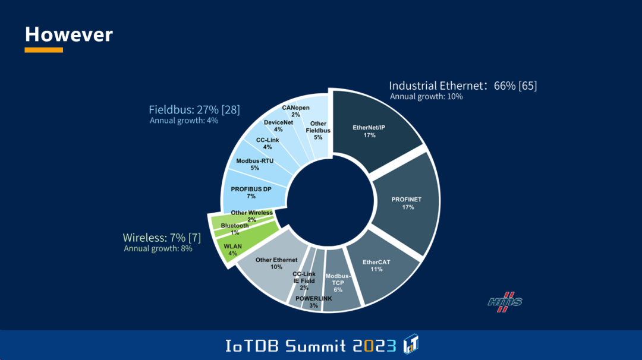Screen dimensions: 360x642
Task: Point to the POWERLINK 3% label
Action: tap(314, 302)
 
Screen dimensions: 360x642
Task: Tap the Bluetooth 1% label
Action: tap(235, 228)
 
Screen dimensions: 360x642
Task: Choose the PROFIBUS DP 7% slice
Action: tap(250, 192)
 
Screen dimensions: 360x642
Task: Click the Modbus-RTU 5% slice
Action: tap(256, 164)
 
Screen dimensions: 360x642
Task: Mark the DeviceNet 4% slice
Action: tap(278, 125)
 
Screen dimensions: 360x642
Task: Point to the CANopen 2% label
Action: tap(295, 110)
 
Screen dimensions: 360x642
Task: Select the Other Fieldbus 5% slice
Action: tap(319, 130)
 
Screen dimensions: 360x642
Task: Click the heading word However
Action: tap(69, 34)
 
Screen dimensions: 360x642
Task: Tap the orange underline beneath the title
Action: tap(43, 50)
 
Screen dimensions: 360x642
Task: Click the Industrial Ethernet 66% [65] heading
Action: tap(462, 86)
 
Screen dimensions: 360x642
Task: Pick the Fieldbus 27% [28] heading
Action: tap(194, 110)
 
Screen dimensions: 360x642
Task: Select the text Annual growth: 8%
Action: tap(158, 248)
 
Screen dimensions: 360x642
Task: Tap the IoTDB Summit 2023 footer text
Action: tap(310, 345)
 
